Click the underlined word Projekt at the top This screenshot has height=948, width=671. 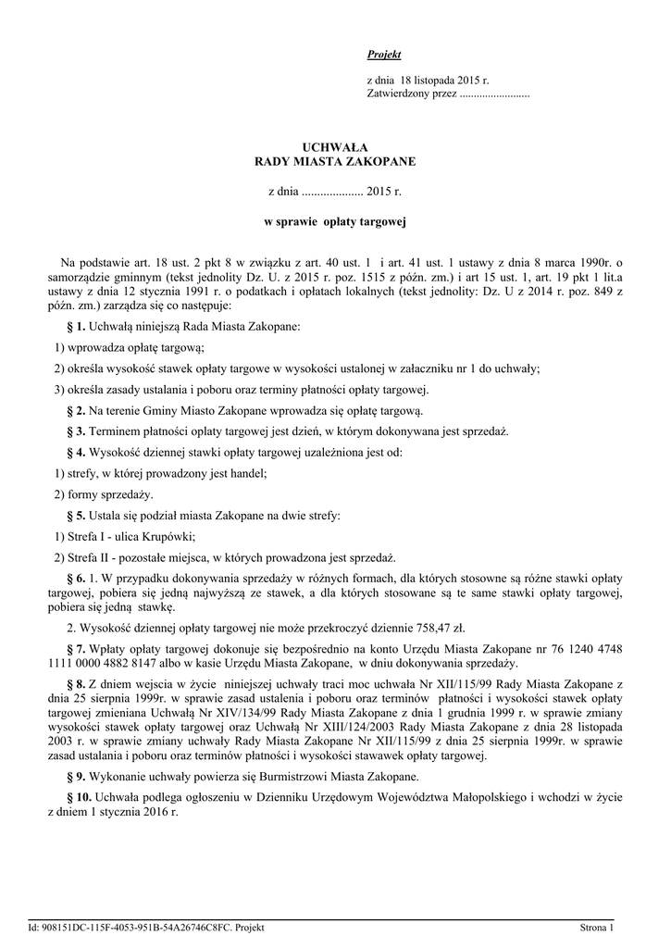coord(384,56)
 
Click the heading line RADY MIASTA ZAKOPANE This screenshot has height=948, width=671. coord(336,162)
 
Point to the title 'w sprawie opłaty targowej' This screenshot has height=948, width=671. coord(336,222)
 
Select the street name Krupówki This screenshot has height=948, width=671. coord(168,536)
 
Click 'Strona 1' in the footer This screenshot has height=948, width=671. coord(597,927)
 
